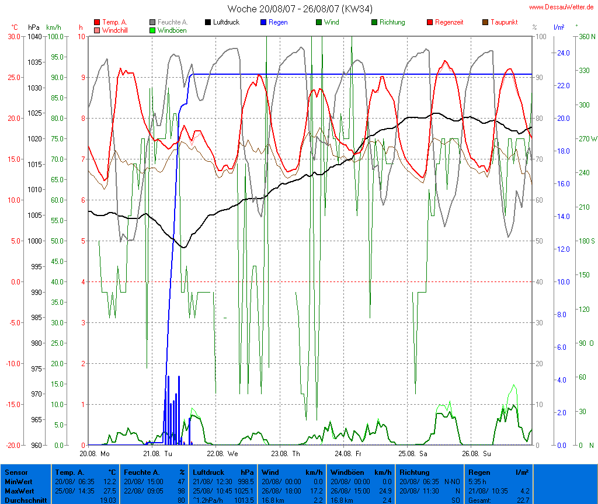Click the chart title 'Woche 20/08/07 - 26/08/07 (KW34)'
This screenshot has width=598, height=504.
(x=300, y=9)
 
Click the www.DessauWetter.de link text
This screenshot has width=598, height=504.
(x=562, y=7)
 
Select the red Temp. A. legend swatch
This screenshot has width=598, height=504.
(x=97, y=22)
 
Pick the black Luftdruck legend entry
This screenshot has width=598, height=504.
(x=222, y=22)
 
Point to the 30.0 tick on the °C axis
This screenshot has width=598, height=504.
(x=13, y=36)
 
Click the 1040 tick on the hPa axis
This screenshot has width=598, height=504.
(x=34, y=36)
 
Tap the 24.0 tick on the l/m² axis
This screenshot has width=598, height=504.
(x=564, y=53)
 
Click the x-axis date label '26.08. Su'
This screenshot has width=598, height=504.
(x=477, y=453)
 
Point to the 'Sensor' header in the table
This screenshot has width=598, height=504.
(x=16, y=472)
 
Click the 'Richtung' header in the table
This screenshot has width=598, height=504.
(x=415, y=472)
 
